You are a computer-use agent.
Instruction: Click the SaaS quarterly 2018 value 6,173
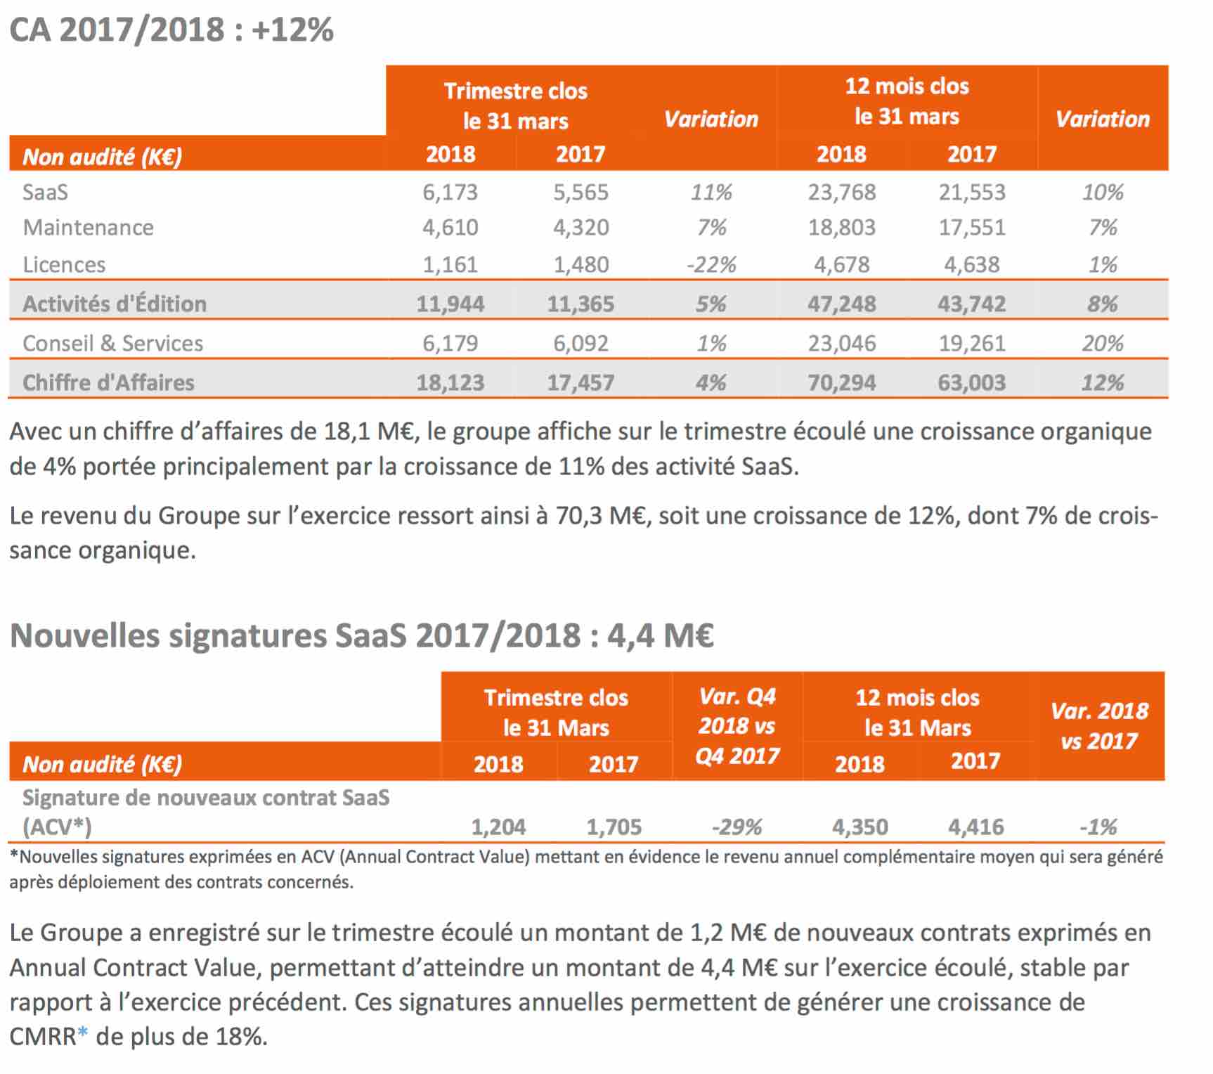coord(450,192)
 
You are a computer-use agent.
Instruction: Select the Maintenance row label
coord(88,227)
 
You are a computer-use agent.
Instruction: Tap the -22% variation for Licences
coord(711,264)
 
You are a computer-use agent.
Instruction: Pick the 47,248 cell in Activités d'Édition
coord(841,304)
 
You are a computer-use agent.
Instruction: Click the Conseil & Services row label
coord(112,343)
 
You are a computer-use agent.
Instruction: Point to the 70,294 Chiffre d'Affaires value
coord(841,382)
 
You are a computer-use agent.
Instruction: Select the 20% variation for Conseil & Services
coord(1103,343)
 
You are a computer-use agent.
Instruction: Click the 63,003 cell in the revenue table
coord(972,382)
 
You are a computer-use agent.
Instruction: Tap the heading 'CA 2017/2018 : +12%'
coord(171,30)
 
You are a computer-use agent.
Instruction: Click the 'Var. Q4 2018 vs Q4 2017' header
coord(737,726)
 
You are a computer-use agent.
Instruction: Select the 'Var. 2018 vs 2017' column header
coord(1100,726)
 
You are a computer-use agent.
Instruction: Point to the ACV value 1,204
coord(498,827)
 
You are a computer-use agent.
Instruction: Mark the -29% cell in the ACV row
coord(737,827)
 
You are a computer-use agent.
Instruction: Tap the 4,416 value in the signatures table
coord(976,827)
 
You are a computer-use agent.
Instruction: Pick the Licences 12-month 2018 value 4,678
coord(841,264)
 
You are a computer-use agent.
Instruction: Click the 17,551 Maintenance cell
coord(972,227)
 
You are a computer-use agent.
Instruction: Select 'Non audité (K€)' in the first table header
coord(103,156)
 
